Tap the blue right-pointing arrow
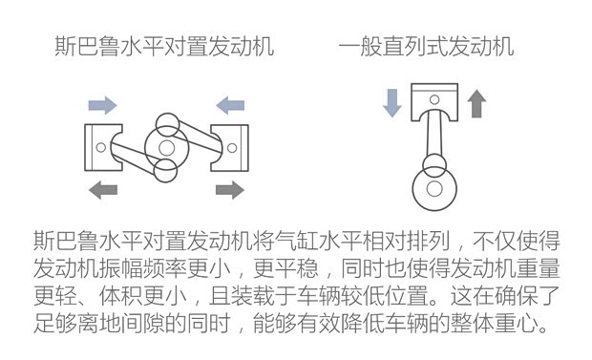pyautogui.click(x=102, y=103)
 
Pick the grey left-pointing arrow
pyautogui.click(x=102, y=189)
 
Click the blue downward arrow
pyautogui.click(x=391, y=102)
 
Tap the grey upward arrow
pyautogui.click(x=476, y=102)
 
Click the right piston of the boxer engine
pyautogui.click(x=229, y=147)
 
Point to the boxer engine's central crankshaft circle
pyautogui.click(x=167, y=147)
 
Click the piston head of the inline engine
pyautogui.click(x=434, y=101)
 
